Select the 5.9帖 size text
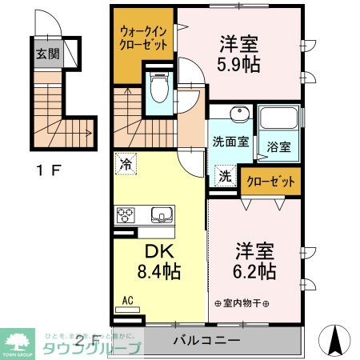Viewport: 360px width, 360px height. tap(238, 65)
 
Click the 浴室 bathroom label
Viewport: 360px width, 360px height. tap(278, 148)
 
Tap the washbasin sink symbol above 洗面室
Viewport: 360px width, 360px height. tap(237, 114)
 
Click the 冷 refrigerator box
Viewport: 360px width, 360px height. tap(126, 162)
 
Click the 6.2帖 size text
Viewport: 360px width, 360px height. tap(254, 269)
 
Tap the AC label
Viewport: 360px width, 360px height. tap(127, 302)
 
